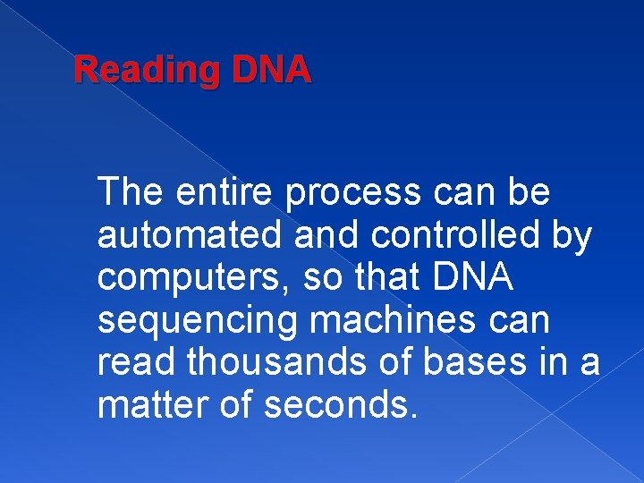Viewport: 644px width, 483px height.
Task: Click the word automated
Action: coord(186,235)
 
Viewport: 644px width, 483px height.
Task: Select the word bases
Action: coord(491,362)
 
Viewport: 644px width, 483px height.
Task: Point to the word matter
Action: coord(155,405)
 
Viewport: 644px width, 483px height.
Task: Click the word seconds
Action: coord(341,405)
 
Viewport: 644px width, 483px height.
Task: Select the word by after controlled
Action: coord(572,235)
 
